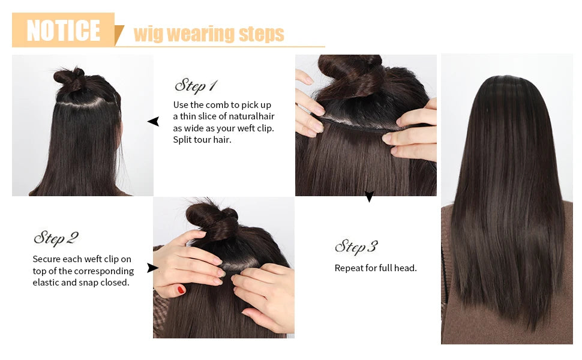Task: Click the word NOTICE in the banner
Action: click(x=63, y=30)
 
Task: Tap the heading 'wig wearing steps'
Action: click(x=208, y=34)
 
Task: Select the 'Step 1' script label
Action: click(x=196, y=85)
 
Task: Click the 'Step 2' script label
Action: click(x=56, y=238)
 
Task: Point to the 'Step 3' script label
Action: click(x=356, y=246)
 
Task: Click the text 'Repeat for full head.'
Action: click(x=376, y=268)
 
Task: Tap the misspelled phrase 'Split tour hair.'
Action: click(x=202, y=140)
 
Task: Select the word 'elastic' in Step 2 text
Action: click(x=47, y=282)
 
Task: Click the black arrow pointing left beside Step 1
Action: click(x=154, y=122)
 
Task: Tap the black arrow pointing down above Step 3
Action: click(x=369, y=196)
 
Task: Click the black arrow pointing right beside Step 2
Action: click(x=152, y=268)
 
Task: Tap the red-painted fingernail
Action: click(x=181, y=290)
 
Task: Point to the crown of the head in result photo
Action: click(x=506, y=84)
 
